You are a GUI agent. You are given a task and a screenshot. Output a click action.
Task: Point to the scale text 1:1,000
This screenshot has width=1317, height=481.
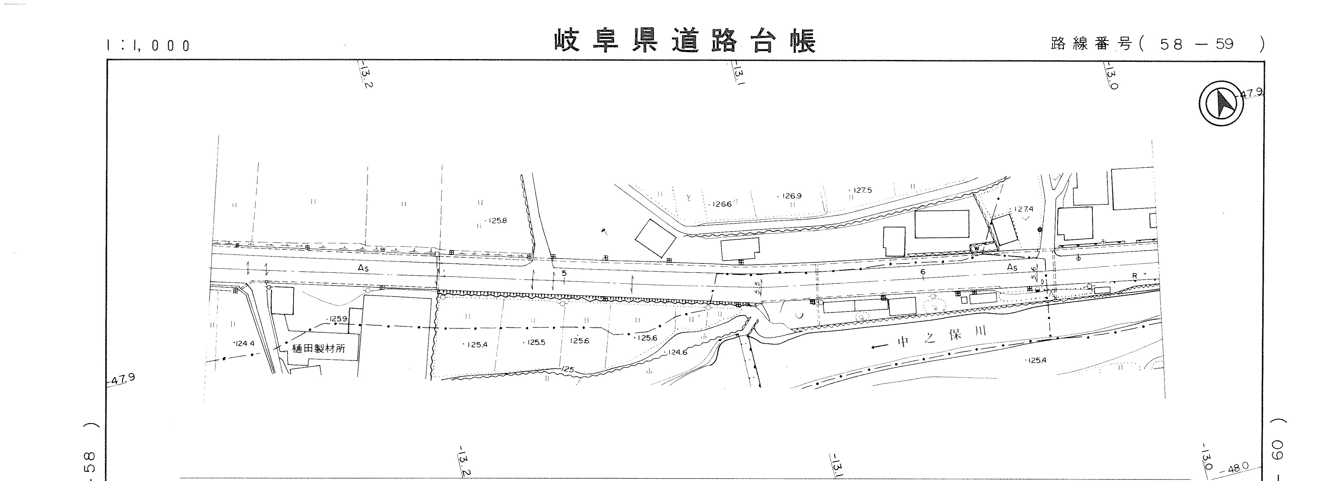148,46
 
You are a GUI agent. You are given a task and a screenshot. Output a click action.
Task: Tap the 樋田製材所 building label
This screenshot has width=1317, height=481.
318,349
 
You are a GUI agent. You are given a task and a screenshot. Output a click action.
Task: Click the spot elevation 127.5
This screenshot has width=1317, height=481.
862,190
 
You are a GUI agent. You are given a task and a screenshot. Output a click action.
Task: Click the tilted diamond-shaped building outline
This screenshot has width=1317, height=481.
655,238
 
